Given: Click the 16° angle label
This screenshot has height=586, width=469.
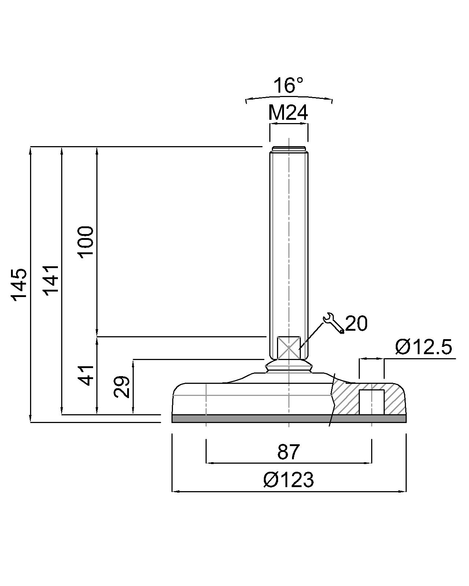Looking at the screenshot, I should [289, 85].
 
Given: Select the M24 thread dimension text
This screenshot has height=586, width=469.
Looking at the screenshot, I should [288, 113].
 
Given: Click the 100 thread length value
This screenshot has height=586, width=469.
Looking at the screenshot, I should [86, 242].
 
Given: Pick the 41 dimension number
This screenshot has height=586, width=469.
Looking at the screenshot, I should [86, 375].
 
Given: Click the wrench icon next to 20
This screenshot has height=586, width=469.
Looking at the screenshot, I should [333, 323].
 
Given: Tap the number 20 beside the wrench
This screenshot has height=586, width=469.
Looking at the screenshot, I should [356, 323].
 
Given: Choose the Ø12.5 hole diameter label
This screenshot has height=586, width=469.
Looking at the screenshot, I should [424, 347].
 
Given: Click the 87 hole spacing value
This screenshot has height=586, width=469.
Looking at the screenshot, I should [289, 452].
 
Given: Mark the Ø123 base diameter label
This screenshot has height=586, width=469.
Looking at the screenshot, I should [289, 479].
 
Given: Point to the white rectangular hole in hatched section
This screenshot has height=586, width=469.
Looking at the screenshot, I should [372, 402].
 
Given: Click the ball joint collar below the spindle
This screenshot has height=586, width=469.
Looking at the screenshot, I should [289, 366].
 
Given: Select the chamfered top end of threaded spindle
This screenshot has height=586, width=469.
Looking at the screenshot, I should [289, 149].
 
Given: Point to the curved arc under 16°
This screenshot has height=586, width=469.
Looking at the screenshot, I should [289, 98].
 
